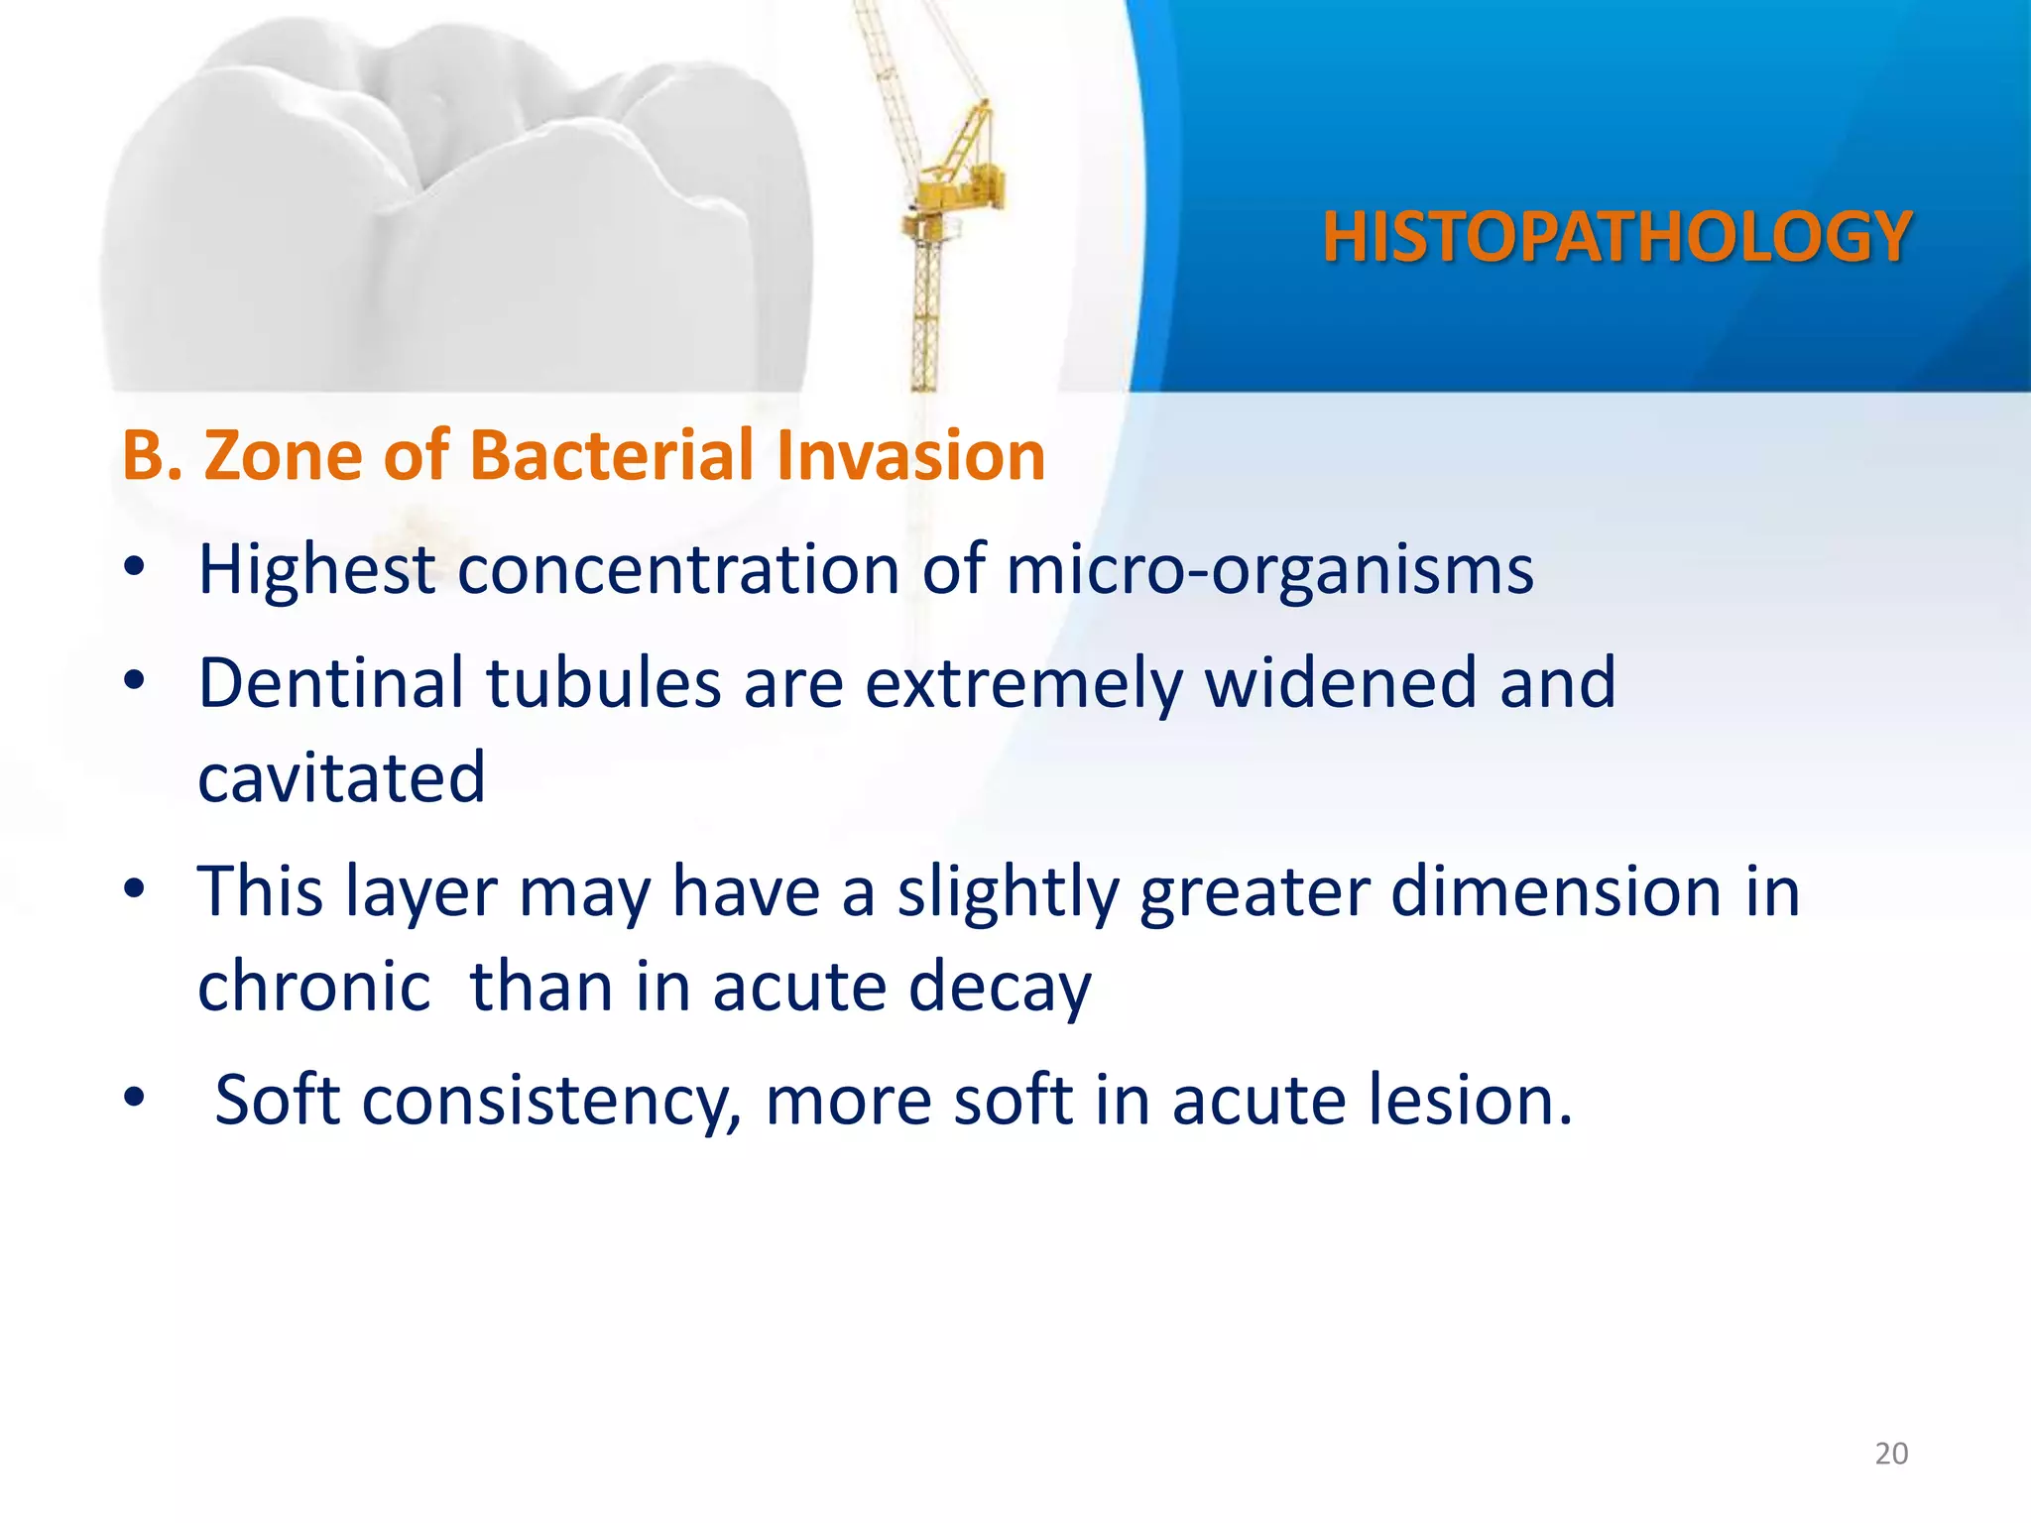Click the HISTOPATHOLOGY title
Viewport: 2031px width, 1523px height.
(1616, 238)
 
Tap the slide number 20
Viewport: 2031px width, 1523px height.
(1891, 1454)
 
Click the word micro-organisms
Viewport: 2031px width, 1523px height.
(1269, 572)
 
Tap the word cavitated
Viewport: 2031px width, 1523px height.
(341, 778)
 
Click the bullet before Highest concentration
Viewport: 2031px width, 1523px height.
(135, 569)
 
